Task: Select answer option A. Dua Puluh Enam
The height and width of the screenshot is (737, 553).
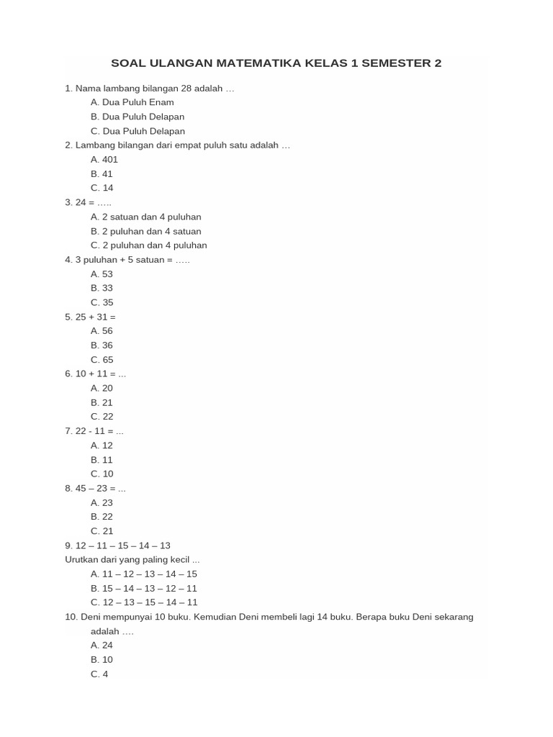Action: (x=132, y=102)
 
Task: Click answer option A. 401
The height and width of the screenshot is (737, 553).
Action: (x=104, y=159)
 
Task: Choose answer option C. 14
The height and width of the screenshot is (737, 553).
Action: (x=102, y=188)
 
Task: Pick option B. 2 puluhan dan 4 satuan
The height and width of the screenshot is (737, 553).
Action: (x=146, y=231)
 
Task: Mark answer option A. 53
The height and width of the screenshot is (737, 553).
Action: (x=102, y=273)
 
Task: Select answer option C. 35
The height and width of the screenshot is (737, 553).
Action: (x=102, y=302)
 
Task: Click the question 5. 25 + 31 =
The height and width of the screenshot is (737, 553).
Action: (x=90, y=317)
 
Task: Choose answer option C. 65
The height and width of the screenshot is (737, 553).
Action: (x=102, y=359)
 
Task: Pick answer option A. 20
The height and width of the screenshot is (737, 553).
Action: (x=102, y=388)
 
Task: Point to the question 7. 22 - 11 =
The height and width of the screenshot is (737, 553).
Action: (x=94, y=430)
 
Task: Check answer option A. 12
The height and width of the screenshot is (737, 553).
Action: (x=102, y=445)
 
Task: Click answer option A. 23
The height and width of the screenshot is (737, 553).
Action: (x=102, y=502)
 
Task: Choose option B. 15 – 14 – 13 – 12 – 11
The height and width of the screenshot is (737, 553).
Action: (x=144, y=588)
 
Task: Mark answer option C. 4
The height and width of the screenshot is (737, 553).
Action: (x=99, y=674)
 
